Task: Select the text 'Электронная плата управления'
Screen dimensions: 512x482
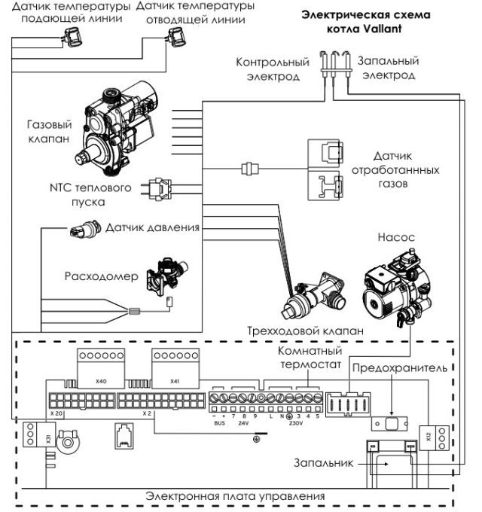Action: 236,496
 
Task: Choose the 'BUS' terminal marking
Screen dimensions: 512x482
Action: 219,423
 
